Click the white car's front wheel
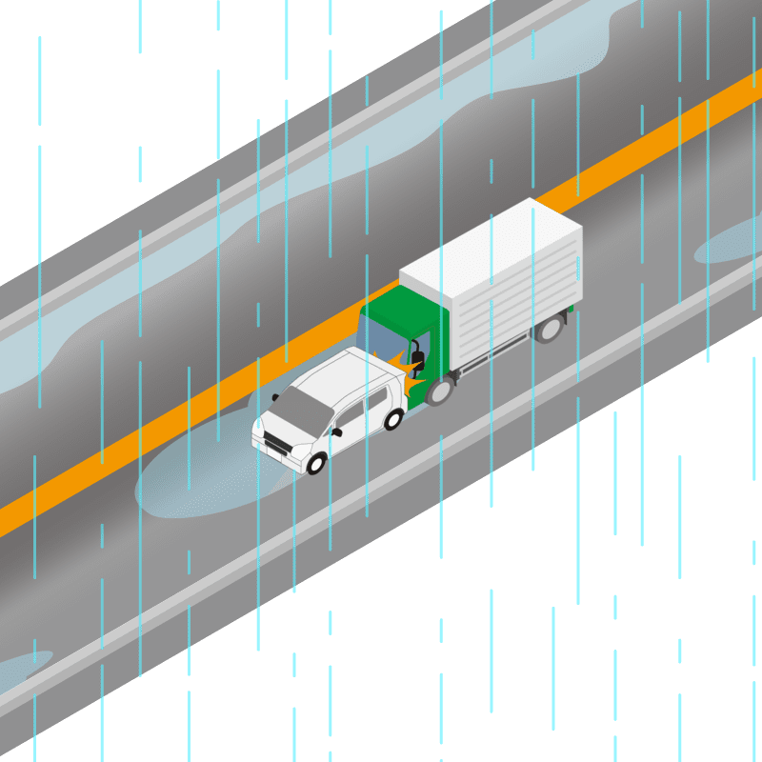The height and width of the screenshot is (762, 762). (x=316, y=464)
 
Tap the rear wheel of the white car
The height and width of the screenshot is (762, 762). (x=392, y=419)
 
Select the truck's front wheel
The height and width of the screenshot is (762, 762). (x=439, y=390)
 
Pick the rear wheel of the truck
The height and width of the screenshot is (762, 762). (x=549, y=329)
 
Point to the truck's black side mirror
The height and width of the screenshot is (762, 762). (x=416, y=361)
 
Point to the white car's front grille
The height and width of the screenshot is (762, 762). (x=278, y=445)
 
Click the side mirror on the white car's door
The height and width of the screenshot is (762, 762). (x=335, y=431)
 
